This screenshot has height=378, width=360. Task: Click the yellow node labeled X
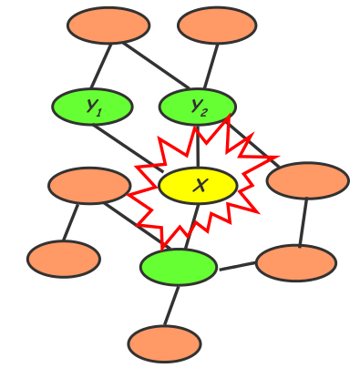point(198,186)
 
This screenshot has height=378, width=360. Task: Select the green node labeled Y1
point(92,107)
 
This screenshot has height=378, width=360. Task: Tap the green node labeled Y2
point(197,107)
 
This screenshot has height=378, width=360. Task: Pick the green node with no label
point(179,267)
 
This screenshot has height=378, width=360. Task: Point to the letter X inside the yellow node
point(200,187)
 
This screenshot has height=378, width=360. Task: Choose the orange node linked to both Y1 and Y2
point(108,26)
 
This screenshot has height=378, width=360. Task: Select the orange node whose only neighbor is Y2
point(217,26)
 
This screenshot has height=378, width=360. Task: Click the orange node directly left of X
point(89,186)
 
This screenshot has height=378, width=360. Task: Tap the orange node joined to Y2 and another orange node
point(307,180)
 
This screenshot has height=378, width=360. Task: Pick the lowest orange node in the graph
point(164,344)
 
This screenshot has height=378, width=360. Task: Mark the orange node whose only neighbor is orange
point(64,260)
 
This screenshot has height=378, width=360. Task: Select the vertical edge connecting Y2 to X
point(198,146)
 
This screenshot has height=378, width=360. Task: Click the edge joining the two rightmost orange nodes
point(303,221)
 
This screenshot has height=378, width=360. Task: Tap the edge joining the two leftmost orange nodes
point(71,222)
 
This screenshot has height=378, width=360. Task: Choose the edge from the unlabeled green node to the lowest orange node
point(171,305)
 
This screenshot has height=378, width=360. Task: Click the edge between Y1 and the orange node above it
point(100,66)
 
